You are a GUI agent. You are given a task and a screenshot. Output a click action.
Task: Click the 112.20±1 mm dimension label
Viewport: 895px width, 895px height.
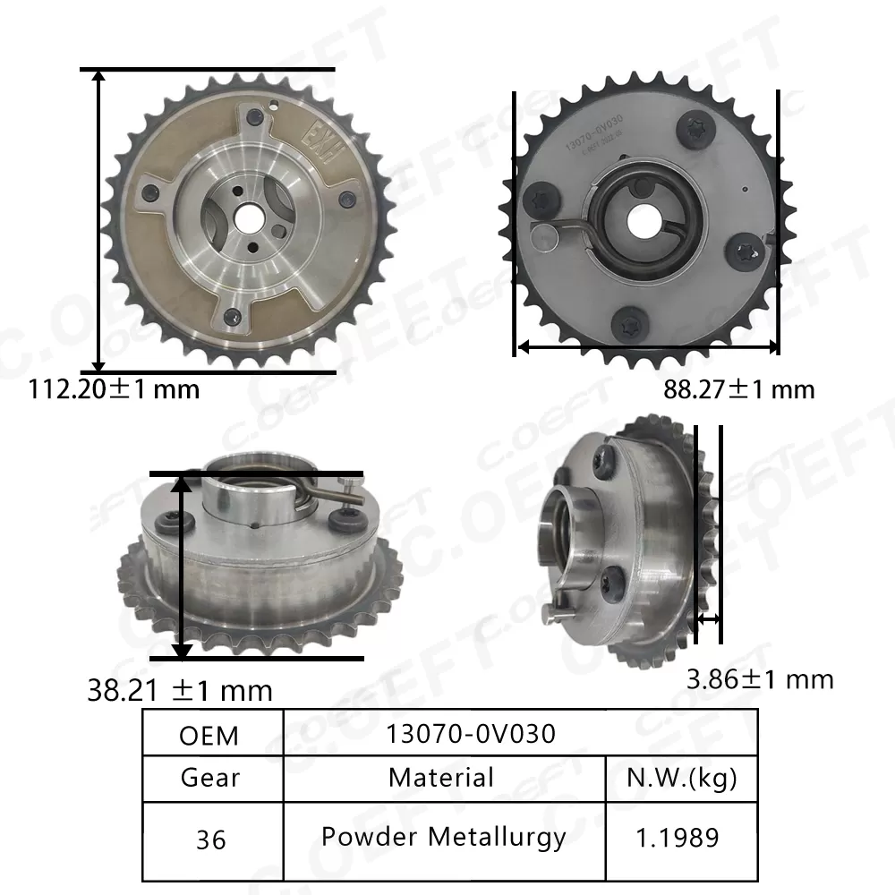115,389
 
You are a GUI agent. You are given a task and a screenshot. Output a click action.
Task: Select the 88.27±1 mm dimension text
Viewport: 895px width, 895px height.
739,389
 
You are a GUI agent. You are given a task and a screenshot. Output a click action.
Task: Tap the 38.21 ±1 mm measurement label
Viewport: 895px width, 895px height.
180,690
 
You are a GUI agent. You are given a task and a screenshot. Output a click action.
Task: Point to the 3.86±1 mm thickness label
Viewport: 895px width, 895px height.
760,679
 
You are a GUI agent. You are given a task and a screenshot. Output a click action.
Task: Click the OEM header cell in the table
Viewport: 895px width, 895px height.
209,735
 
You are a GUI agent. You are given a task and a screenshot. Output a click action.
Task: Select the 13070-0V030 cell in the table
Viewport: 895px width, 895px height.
471,734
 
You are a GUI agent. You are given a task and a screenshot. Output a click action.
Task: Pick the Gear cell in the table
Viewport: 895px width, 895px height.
209,778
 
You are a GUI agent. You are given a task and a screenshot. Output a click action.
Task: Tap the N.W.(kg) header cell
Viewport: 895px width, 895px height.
683,778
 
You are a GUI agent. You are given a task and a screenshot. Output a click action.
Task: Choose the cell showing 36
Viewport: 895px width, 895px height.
209,840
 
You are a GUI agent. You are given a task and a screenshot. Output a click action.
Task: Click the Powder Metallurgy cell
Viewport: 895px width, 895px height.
444,837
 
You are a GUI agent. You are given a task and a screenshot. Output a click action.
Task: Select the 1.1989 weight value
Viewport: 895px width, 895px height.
678,838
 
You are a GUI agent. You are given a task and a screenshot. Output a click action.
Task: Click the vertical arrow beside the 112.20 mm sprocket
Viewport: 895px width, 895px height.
99,220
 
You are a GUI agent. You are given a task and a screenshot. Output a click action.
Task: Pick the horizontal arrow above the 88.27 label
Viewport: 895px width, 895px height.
647,345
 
